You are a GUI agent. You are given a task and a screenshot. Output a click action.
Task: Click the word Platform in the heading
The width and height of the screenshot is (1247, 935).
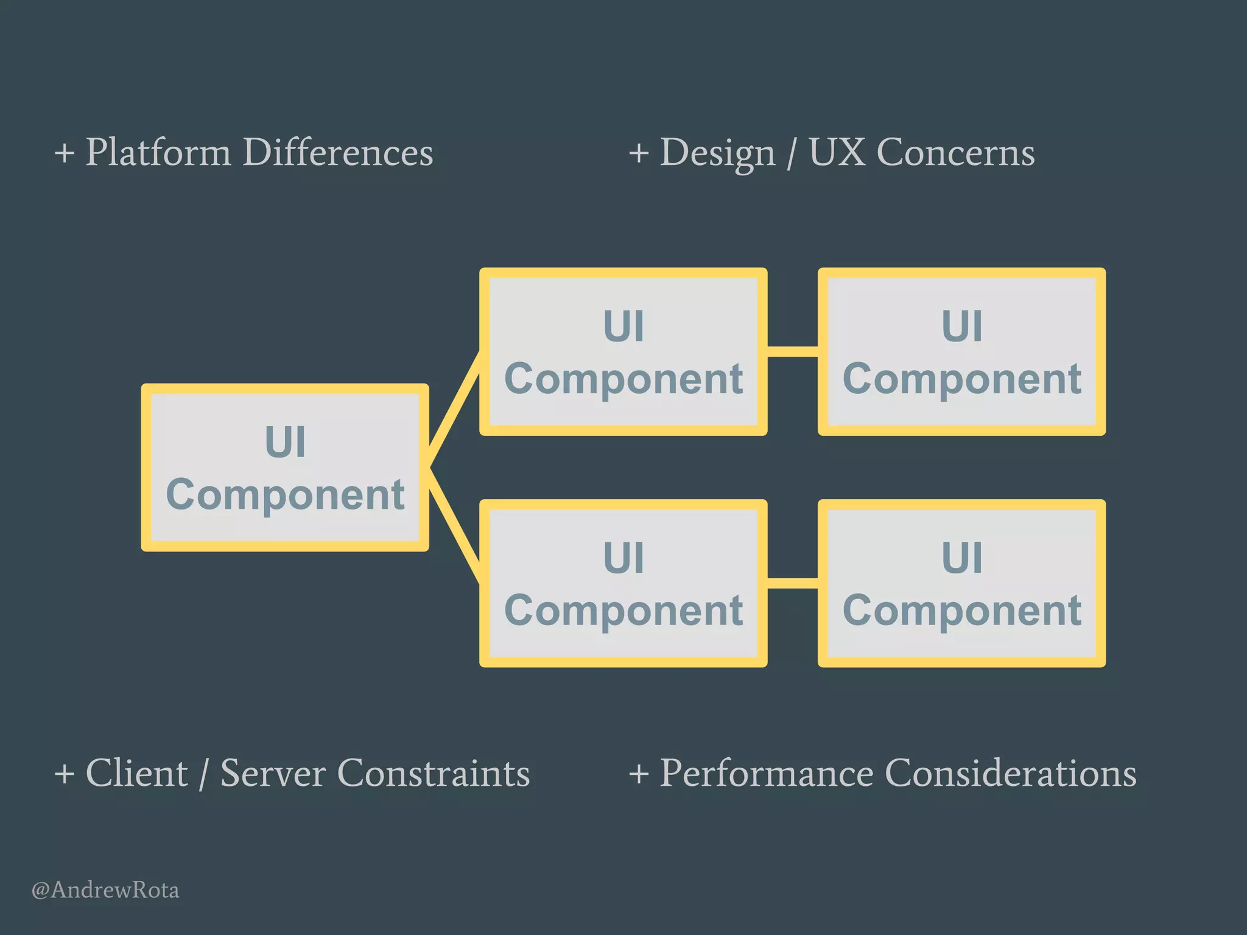158,152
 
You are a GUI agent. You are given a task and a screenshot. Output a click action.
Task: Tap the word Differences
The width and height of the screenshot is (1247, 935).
338,152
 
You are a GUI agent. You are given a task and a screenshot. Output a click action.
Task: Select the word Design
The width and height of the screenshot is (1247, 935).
717,152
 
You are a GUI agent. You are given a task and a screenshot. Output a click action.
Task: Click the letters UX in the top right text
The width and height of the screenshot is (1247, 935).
837,152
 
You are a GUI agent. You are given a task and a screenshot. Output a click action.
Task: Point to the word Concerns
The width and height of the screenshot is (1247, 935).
955,152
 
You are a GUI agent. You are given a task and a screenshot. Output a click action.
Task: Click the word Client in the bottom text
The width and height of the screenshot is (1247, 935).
136,773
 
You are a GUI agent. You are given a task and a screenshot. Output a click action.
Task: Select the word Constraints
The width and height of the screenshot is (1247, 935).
433,773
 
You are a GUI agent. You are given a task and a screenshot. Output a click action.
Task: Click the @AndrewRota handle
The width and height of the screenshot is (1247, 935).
105,890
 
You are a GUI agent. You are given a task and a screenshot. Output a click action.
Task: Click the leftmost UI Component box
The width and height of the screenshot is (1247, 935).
285,467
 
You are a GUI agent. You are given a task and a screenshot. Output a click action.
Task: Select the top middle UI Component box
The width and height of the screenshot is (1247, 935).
623,352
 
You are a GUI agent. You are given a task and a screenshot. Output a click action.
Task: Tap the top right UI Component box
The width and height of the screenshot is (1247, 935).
961,352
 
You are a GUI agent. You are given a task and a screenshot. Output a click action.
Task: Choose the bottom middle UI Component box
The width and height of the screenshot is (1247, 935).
623,583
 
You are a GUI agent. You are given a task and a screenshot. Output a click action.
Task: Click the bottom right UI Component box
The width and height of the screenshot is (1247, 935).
961,583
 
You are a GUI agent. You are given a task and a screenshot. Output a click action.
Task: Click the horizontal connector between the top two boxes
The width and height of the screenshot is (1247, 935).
792,352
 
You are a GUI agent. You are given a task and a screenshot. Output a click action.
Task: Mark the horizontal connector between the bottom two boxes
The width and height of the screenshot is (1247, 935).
792,583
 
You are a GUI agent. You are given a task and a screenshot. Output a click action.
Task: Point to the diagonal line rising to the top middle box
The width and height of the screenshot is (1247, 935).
454,409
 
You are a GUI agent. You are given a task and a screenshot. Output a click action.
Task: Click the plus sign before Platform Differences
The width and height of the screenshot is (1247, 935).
64,153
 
